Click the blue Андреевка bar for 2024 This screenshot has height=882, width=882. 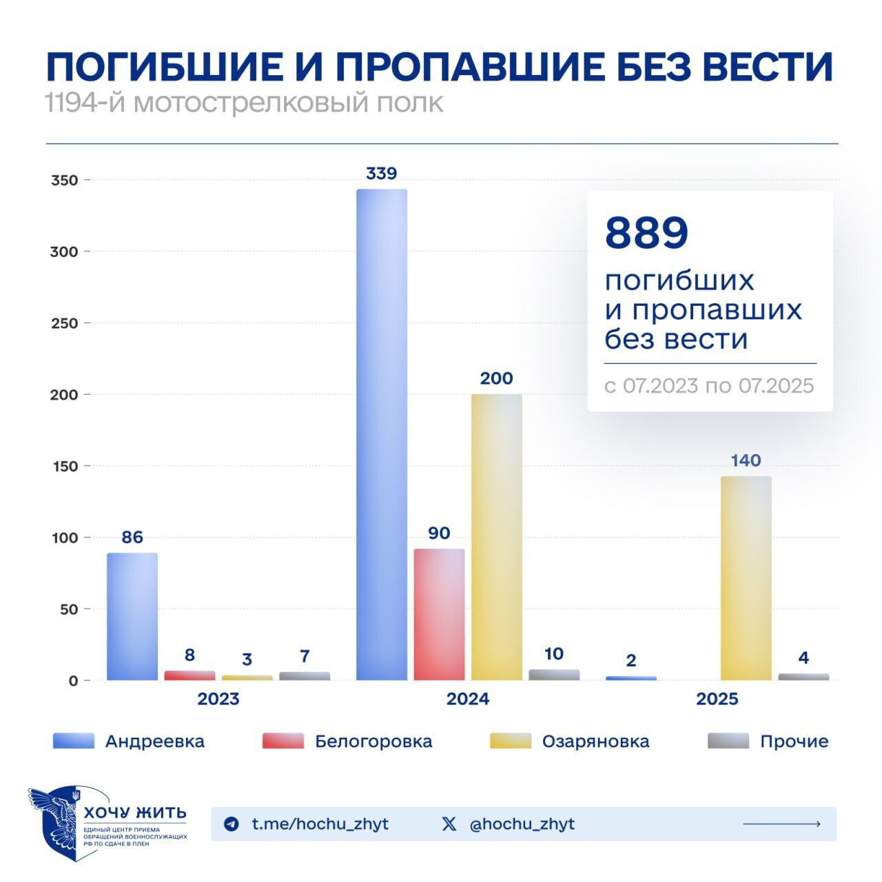[382, 434]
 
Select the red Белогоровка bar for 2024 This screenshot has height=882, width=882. [439, 614]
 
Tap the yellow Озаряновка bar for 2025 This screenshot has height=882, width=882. [746, 578]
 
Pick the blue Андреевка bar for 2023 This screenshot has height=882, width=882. [132, 616]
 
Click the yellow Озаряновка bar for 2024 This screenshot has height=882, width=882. [497, 537]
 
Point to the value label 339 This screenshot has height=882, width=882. [382, 173]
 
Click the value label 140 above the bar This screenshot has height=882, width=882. [746, 460]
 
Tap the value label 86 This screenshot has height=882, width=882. [132, 537]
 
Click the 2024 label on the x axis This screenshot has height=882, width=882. [468, 699]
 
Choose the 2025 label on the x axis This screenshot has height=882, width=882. [717, 699]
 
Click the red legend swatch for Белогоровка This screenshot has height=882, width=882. [283, 741]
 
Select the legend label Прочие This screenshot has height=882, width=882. [794, 741]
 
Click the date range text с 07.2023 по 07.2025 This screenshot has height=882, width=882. [709, 385]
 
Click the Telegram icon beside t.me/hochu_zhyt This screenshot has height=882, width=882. [232, 824]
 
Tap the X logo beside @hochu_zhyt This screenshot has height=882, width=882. [449, 824]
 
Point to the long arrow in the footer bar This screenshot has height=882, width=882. [781, 824]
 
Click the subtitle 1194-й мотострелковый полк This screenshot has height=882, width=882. [244, 103]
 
